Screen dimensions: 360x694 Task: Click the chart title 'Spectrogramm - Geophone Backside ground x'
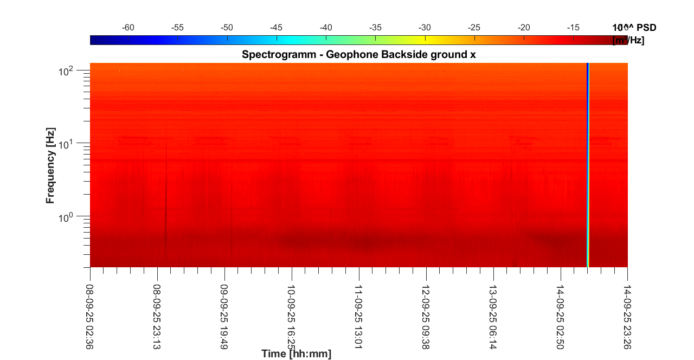[x=358, y=54]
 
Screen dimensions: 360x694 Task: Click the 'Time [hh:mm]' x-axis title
[x=296, y=354]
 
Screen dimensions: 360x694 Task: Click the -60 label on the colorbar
[x=128, y=27]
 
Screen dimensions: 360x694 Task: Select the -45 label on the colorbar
[x=277, y=27]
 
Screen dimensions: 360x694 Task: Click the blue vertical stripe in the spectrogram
[x=588, y=163]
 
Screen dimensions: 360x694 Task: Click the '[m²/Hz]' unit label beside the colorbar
[x=628, y=40]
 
